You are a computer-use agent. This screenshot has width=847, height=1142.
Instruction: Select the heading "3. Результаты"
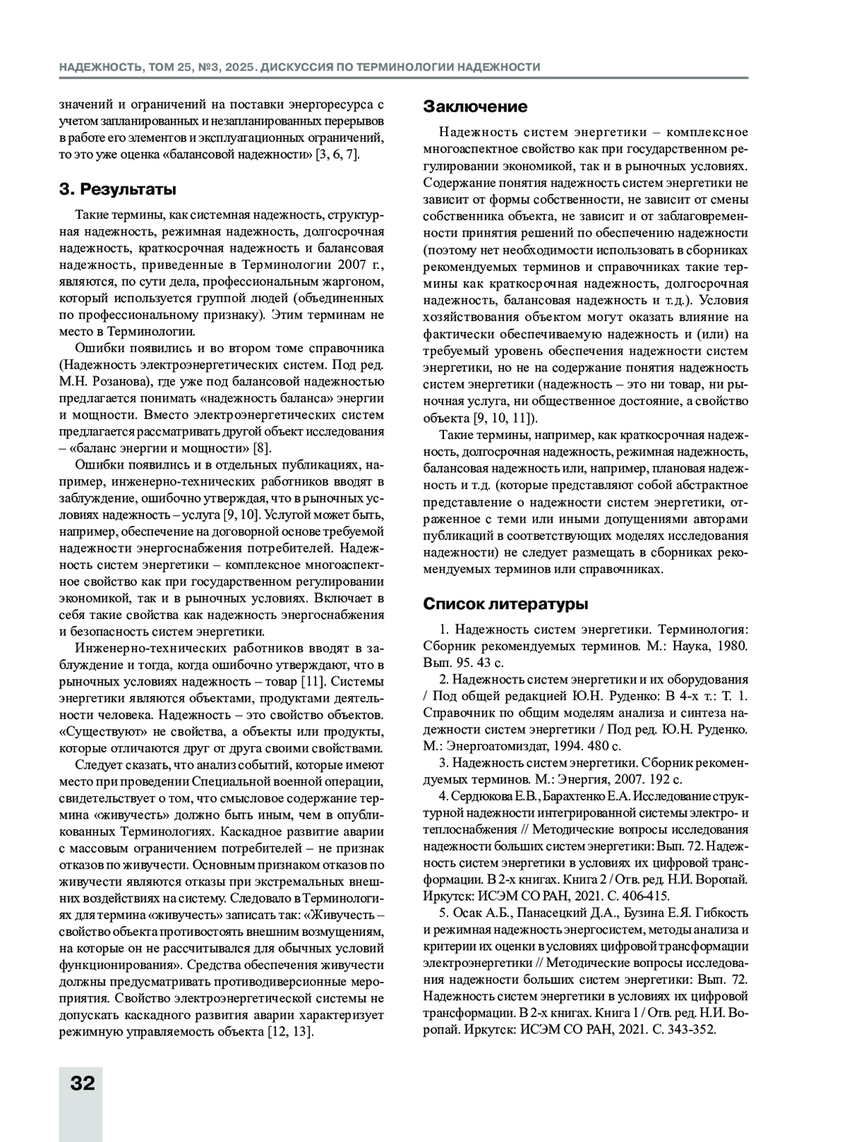pos(118,190)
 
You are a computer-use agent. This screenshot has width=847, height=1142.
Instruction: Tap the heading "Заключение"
pos(475,107)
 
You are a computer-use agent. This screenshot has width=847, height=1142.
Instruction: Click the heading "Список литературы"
pos(505,604)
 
